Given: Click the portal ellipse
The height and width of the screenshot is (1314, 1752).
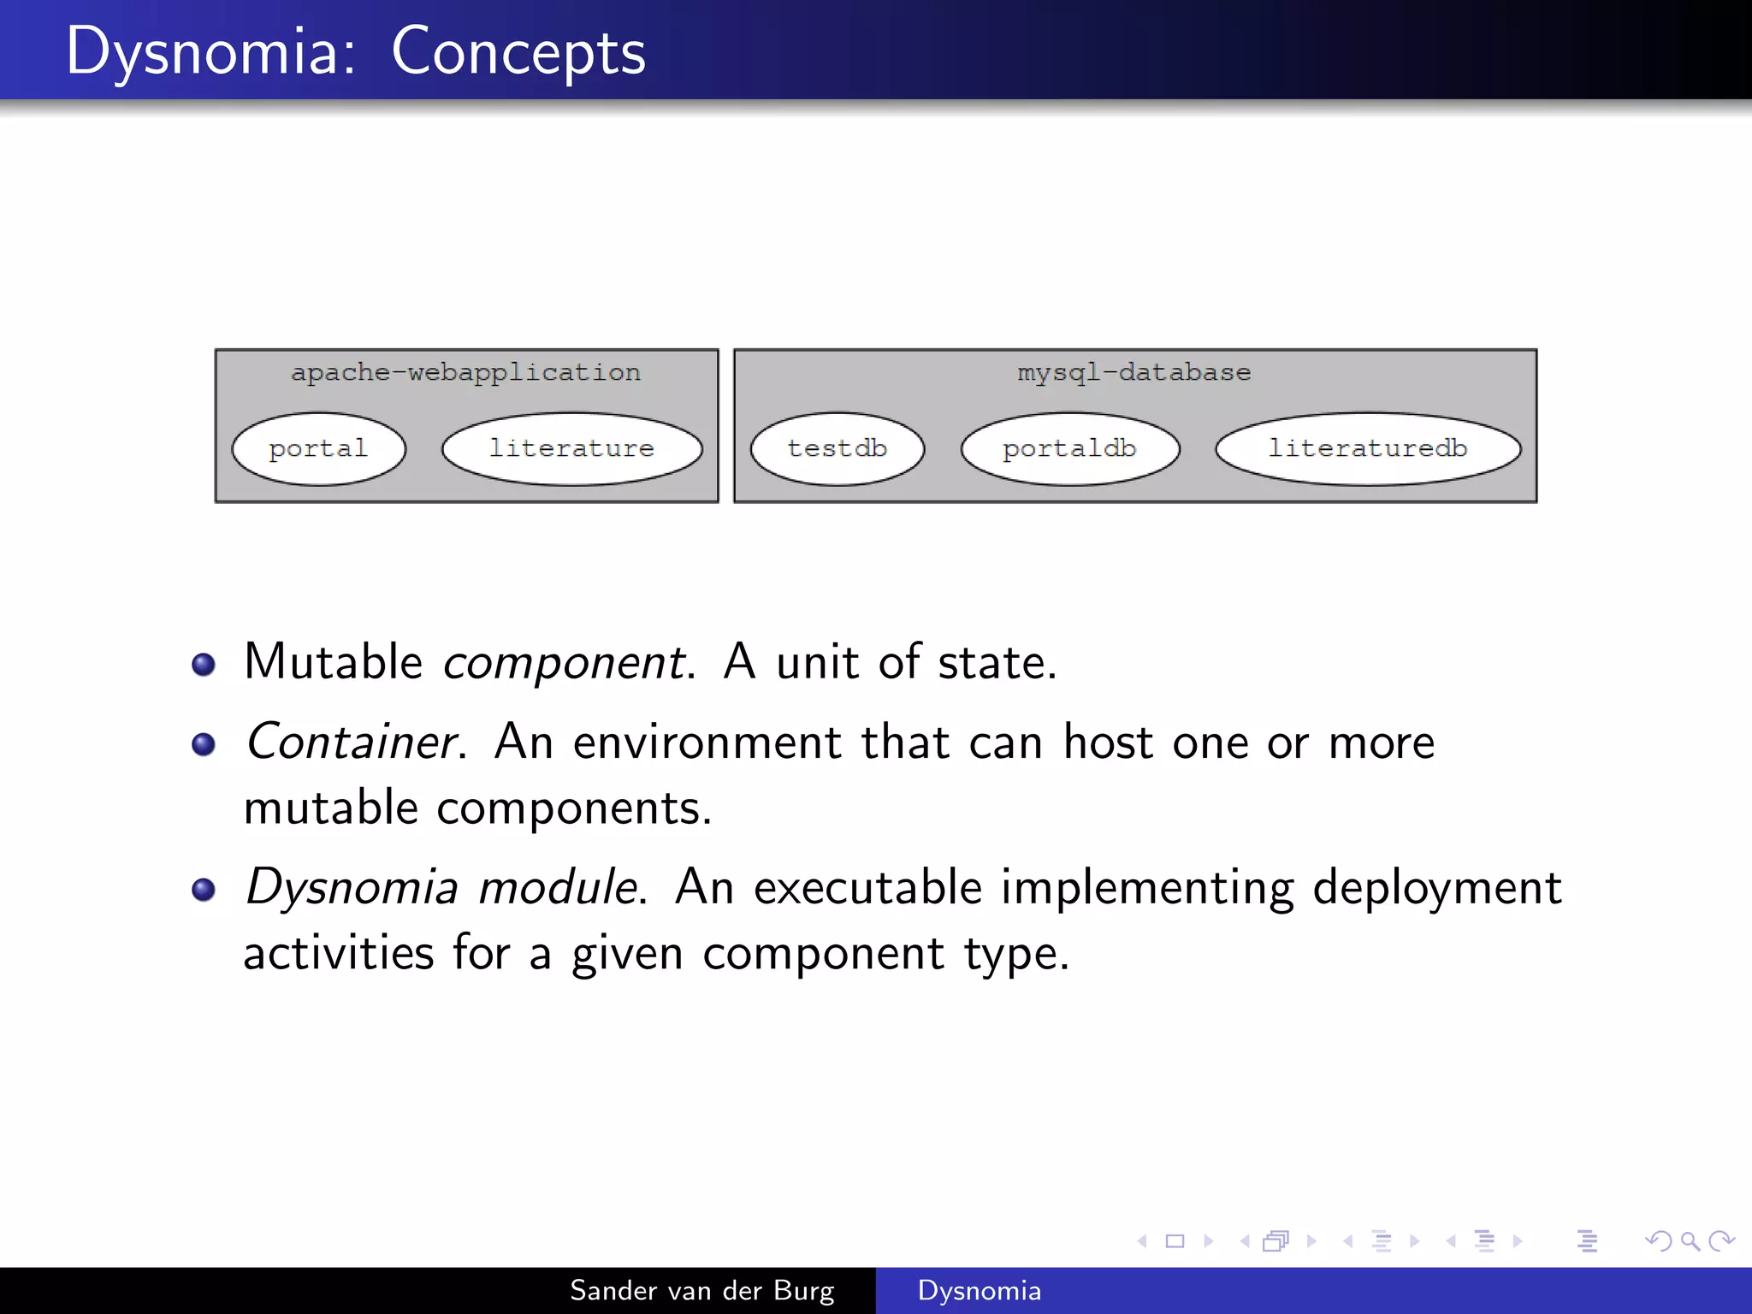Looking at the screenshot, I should [x=318, y=449].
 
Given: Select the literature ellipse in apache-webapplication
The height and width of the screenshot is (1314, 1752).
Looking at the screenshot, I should [x=571, y=449].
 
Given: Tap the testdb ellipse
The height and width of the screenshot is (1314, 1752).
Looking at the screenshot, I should [x=837, y=449].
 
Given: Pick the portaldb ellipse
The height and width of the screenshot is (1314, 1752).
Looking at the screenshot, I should [x=1069, y=449].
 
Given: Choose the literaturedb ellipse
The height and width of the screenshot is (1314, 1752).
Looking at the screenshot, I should [x=1367, y=449].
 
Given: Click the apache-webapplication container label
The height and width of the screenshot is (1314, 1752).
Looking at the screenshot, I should [x=465, y=373].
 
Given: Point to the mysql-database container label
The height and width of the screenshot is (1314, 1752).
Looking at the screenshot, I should [x=1133, y=373].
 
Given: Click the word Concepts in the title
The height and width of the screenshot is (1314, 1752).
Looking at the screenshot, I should [x=518, y=53].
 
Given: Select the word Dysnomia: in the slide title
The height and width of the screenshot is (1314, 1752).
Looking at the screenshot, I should [x=210, y=53].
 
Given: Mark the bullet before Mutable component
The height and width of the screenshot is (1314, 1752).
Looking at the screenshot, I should [x=204, y=665].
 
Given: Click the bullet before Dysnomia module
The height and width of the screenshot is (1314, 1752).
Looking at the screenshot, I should [x=204, y=890].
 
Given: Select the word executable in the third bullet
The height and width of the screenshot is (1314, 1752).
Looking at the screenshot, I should [x=867, y=887].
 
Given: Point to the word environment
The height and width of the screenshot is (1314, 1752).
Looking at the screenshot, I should [x=707, y=742].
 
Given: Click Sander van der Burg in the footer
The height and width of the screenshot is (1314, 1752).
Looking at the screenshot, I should [x=701, y=1290].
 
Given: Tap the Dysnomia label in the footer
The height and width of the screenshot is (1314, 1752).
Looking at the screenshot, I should [x=980, y=1290].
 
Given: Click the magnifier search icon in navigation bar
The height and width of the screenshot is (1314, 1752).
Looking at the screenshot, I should [x=1690, y=1240].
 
